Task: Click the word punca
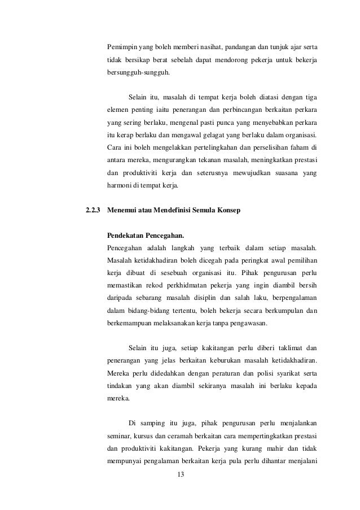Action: [242, 121]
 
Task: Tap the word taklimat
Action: [283, 347]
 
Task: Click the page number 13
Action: [181, 474]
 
